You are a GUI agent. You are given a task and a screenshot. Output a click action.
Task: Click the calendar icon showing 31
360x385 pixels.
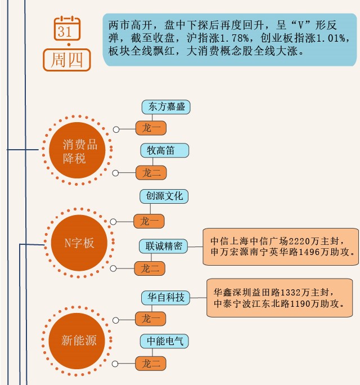click(x=67, y=29)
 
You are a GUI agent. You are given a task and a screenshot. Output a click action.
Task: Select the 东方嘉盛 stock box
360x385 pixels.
click(x=164, y=106)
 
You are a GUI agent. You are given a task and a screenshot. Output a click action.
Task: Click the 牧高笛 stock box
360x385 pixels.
click(x=164, y=151)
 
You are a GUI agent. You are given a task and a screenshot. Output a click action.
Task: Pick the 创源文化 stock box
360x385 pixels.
click(x=164, y=196)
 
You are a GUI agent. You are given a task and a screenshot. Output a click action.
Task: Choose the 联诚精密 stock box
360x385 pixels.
click(x=164, y=247)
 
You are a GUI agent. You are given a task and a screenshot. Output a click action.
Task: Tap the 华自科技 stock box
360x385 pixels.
click(x=166, y=297)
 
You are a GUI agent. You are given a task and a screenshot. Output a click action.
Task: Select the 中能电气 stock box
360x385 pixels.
click(x=164, y=341)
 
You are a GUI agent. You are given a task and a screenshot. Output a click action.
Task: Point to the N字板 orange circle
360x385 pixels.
click(x=79, y=243)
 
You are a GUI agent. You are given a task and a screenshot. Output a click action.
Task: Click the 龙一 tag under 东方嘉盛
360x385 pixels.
click(x=151, y=128)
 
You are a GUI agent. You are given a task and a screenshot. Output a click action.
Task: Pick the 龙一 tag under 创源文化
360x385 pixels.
click(x=149, y=221)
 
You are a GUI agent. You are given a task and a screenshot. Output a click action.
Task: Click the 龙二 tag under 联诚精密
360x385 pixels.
click(x=150, y=269)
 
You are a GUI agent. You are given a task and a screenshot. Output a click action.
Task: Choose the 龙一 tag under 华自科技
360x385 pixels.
click(x=151, y=319)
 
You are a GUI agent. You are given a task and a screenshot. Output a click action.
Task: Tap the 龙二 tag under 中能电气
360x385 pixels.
click(x=151, y=364)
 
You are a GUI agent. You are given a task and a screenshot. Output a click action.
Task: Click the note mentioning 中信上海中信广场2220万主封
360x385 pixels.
click(x=281, y=247)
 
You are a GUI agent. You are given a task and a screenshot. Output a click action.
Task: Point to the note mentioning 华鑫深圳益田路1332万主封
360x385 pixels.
click(x=283, y=298)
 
